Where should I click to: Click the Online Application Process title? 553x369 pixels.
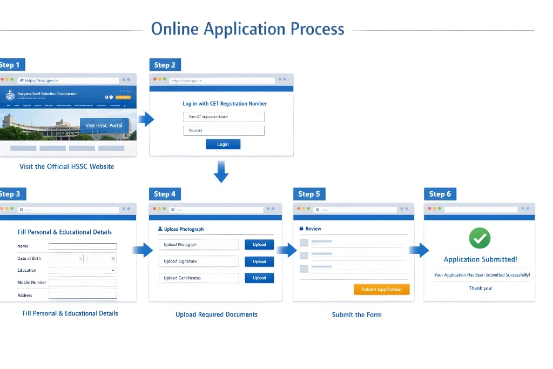tap(247, 29)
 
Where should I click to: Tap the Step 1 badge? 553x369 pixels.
tap(11, 65)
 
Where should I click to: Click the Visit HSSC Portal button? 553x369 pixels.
tap(104, 125)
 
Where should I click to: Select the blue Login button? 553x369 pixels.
tap(223, 144)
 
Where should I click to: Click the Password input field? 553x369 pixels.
tap(224, 131)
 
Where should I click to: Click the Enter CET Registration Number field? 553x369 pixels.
tap(224, 117)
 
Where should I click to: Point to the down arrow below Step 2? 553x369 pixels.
tap(221, 171)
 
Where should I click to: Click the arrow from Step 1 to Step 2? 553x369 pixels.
tap(146, 119)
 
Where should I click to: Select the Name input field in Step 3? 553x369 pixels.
tap(83, 246)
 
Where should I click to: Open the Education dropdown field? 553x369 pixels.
tap(83, 270)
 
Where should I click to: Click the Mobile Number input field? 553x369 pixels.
tap(83, 283)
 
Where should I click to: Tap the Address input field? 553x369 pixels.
tap(83, 296)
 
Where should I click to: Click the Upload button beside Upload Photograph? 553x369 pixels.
tap(259, 245)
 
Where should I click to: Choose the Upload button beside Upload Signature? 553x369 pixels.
tap(259, 261)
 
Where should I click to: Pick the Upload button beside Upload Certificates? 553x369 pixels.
tap(259, 278)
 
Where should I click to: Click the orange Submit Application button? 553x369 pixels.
tap(381, 290)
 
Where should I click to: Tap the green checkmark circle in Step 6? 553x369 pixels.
tap(480, 238)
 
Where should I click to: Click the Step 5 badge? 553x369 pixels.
tap(309, 194)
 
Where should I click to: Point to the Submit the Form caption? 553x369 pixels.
tap(356, 314)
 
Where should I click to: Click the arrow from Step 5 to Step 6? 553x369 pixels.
tap(419, 250)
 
